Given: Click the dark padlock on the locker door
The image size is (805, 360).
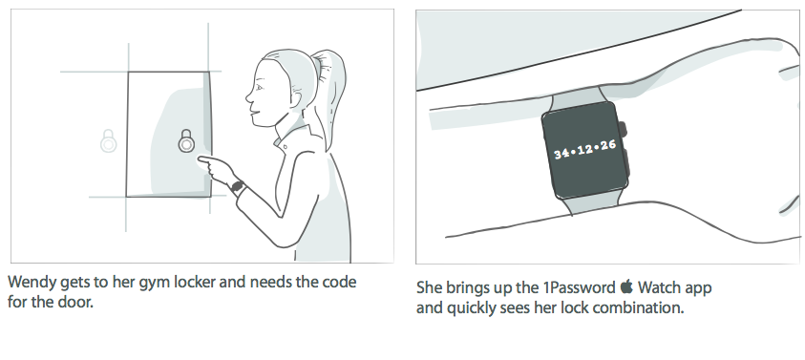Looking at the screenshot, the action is pyautogui.click(x=186, y=140).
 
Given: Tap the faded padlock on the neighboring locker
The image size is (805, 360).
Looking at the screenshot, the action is pyautogui.click(x=108, y=140).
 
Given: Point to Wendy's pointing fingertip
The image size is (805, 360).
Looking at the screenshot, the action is pyautogui.click(x=200, y=159).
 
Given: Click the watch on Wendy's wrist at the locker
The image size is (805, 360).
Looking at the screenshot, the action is pyautogui.click(x=237, y=186).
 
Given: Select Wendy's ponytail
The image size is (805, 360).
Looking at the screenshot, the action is pyautogui.click(x=330, y=93).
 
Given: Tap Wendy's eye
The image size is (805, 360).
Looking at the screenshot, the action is pyautogui.click(x=259, y=87).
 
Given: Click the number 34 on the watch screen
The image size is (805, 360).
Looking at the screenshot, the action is pyautogui.click(x=562, y=153).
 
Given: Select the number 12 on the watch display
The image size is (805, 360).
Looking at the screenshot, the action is pyautogui.click(x=585, y=149).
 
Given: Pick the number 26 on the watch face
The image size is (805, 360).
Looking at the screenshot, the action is pyautogui.click(x=607, y=145).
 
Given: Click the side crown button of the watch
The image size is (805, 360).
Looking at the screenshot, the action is pyautogui.click(x=623, y=129).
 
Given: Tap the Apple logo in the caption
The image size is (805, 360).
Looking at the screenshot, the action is pyautogui.click(x=626, y=286).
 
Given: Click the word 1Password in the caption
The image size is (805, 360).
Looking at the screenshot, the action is pyautogui.click(x=579, y=287).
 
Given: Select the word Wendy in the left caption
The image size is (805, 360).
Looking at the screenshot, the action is pyautogui.click(x=32, y=283).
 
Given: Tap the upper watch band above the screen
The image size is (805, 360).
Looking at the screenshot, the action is pyautogui.click(x=576, y=98).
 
